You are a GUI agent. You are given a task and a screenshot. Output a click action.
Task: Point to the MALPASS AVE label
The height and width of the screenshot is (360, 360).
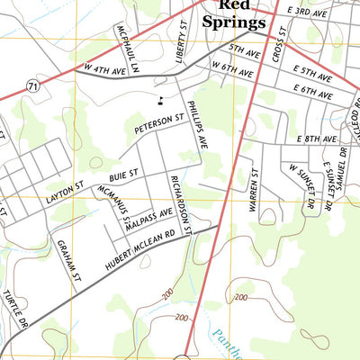coord(148,219)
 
